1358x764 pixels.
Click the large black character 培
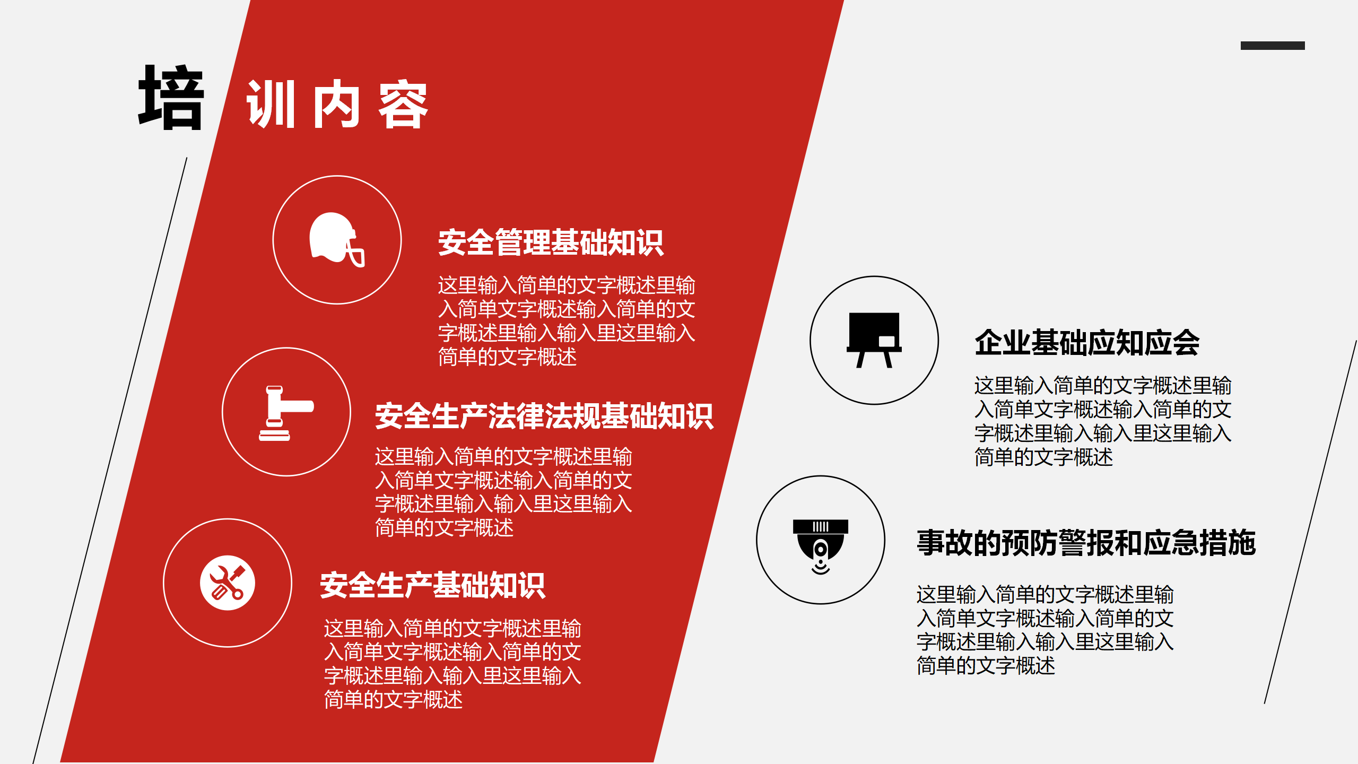[171, 98]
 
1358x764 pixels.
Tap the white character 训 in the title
[271, 105]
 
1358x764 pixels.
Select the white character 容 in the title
[403, 105]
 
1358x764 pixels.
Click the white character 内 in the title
[337, 105]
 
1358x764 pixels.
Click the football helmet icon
[336, 240]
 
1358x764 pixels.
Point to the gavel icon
[286, 413]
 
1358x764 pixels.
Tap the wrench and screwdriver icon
[228, 583]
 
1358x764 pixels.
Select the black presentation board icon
[874, 340]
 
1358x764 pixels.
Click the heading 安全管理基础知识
[551, 243]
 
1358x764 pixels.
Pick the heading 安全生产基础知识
[432, 586]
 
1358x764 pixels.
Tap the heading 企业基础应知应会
[1087, 343]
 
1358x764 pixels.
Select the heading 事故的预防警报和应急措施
[1086, 543]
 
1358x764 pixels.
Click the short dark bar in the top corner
[1273, 46]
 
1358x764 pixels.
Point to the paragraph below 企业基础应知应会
[1103, 421]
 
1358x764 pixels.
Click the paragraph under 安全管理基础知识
[567, 321]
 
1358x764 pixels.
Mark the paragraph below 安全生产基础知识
[452, 664]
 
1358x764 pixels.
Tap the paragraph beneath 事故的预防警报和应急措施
[1045, 630]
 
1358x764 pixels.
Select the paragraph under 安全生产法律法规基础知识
[503, 492]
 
